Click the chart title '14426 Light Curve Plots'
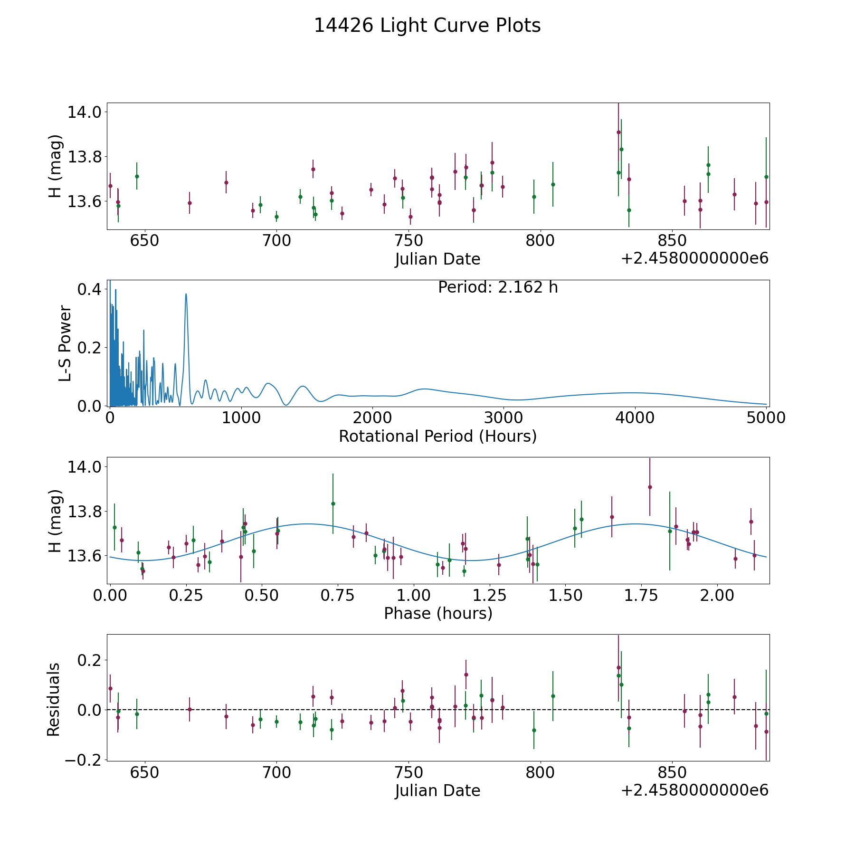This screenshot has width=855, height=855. (x=427, y=26)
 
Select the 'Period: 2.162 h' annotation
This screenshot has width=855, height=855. (x=498, y=287)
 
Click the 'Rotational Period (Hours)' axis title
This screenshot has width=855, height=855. (x=437, y=436)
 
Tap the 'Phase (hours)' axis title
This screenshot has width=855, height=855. (x=438, y=613)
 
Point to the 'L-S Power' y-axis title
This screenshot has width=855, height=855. (x=65, y=343)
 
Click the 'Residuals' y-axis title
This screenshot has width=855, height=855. (x=54, y=700)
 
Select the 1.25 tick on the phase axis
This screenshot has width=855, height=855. (x=565, y=596)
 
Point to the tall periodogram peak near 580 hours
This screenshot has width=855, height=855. (x=186, y=294)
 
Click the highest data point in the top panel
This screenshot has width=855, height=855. (x=618, y=132)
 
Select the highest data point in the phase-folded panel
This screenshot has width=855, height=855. (x=650, y=487)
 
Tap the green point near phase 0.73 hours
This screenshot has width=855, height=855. (x=333, y=503)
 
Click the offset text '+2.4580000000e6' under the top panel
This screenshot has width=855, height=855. (x=694, y=259)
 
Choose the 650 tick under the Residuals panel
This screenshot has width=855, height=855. (x=144, y=773)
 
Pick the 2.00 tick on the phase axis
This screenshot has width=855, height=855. (x=717, y=596)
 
